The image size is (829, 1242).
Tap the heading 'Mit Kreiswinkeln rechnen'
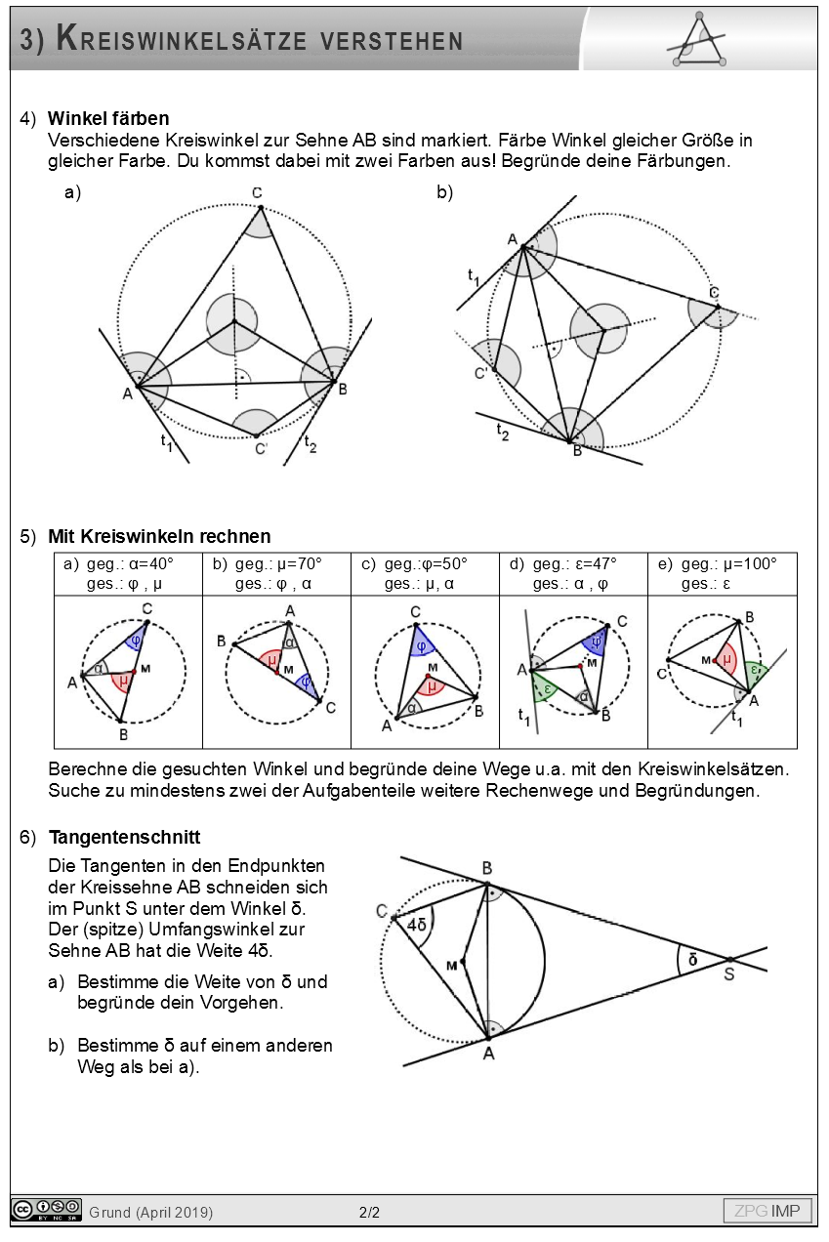click(159, 537)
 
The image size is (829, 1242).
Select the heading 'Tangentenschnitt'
click(124, 837)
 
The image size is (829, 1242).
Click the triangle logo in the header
click(697, 41)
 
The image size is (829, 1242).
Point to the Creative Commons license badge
click(46, 1211)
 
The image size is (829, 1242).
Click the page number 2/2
click(369, 1213)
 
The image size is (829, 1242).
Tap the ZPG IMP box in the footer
click(767, 1212)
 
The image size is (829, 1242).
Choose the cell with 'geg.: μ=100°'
click(722, 574)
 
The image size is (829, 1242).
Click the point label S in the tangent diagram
click(729, 973)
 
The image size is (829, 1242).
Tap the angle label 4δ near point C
click(417, 924)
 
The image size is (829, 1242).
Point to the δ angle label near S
click(692, 960)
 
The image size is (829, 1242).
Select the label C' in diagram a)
click(261, 449)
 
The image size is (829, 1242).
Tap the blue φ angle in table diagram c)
click(421, 645)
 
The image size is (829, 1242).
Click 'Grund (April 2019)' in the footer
click(150, 1213)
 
